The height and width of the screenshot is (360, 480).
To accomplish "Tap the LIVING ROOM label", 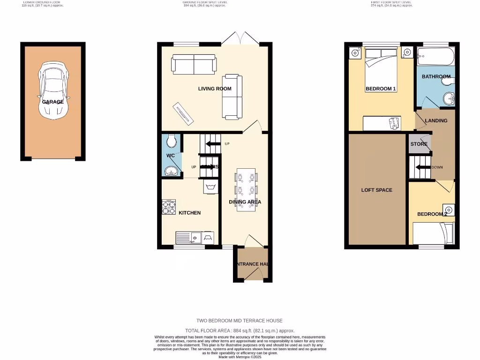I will [215, 89].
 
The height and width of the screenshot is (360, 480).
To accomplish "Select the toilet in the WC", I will [172, 140].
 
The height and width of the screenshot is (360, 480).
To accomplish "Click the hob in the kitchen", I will [169, 207].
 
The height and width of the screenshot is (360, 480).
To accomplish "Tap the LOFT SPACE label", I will [377, 190].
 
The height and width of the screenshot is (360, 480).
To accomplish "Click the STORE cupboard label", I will [419, 144].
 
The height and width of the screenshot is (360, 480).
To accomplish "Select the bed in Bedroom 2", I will [434, 233].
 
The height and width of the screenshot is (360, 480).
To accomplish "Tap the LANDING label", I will [436, 120].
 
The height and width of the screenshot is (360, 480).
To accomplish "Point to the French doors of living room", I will [240, 39].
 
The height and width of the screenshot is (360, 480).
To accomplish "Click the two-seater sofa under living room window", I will [194, 64].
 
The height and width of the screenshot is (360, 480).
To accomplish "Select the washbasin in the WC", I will [172, 171].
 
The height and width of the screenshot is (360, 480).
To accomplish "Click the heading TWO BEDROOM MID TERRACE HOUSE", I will [240, 321].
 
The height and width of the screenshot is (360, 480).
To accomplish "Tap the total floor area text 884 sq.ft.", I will [240, 330].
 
